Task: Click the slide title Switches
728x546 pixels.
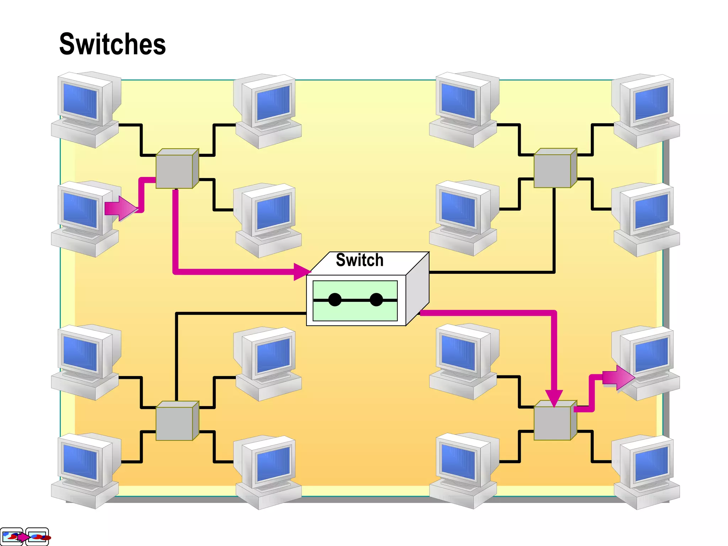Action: (112, 44)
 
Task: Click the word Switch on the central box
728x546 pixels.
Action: (359, 260)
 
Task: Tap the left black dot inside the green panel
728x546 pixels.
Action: (334, 300)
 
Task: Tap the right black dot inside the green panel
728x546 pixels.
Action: (376, 300)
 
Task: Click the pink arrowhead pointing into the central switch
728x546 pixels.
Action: (301, 272)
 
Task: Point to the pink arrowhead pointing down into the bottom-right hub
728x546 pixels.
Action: (554, 397)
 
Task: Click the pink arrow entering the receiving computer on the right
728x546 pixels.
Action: (619, 378)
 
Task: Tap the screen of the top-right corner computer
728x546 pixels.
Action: (651, 103)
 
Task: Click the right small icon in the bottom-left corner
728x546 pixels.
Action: (37, 536)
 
